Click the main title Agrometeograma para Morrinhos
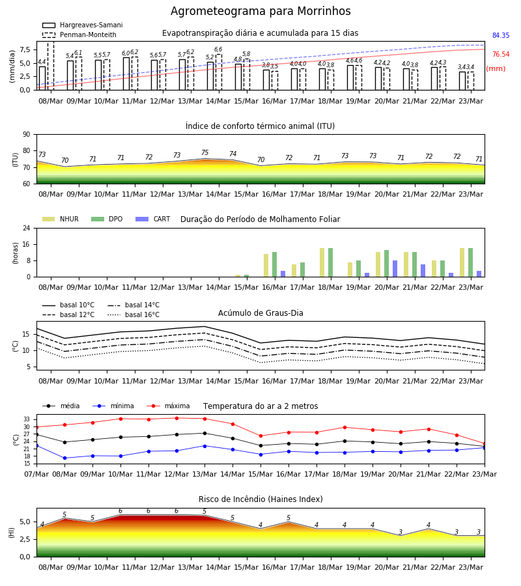(x=260, y=11)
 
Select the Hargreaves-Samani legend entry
(x=82, y=25)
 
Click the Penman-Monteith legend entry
(x=79, y=35)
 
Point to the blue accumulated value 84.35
(x=501, y=36)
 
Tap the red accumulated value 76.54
(x=501, y=55)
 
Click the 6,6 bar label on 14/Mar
(x=218, y=49)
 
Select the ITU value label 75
(x=204, y=152)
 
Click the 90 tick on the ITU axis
(x=27, y=135)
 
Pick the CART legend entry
(x=153, y=219)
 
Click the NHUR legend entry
(x=61, y=219)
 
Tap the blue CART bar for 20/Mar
(x=395, y=269)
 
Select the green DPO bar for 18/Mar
(x=330, y=262)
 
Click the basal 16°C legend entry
(x=134, y=315)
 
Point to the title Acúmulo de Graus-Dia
(x=260, y=313)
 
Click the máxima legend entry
(x=168, y=406)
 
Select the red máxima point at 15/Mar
(x=261, y=436)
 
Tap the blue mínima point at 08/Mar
(x=64, y=458)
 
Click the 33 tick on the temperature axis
(x=27, y=420)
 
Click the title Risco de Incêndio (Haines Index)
(x=260, y=499)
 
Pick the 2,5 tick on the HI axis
(x=25, y=539)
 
